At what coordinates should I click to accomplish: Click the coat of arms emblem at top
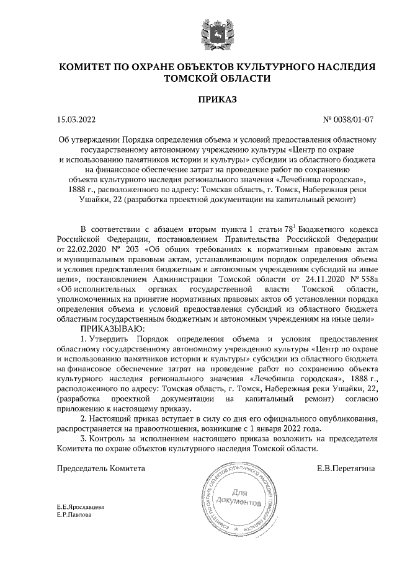pos(216,32)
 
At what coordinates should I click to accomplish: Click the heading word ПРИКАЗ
pos(216,99)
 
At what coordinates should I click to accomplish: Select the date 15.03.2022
pos(75,118)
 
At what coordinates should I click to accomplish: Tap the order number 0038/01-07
pos(355,118)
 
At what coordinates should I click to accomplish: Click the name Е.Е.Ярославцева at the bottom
pos(80,507)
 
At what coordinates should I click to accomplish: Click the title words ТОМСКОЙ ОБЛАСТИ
pos(216,78)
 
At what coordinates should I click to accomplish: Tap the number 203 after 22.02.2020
pos(132,248)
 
